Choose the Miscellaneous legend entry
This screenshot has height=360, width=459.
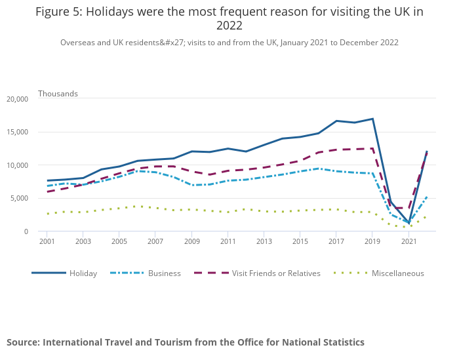(397, 273)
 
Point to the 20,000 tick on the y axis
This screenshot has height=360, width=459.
(17, 99)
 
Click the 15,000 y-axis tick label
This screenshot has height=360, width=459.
(17, 132)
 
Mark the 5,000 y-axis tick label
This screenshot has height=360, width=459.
(19, 198)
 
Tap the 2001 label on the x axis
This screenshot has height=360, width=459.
(47, 242)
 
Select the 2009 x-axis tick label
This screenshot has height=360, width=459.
(191, 242)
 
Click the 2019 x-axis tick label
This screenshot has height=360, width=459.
(372, 242)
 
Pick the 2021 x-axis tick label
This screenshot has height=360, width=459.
(409, 242)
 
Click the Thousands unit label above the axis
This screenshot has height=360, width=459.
(58, 94)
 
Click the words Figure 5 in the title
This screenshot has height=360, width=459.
(57, 12)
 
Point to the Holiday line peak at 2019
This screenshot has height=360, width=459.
(372, 119)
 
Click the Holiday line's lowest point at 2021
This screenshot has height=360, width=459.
(409, 223)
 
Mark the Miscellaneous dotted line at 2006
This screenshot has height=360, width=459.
(137, 207)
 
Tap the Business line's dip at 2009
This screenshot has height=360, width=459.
(191, 185)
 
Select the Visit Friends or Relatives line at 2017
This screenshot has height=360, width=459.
(336, 150)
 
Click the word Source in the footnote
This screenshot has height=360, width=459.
(22, 342)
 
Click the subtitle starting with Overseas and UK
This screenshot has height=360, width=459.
(229, 43)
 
